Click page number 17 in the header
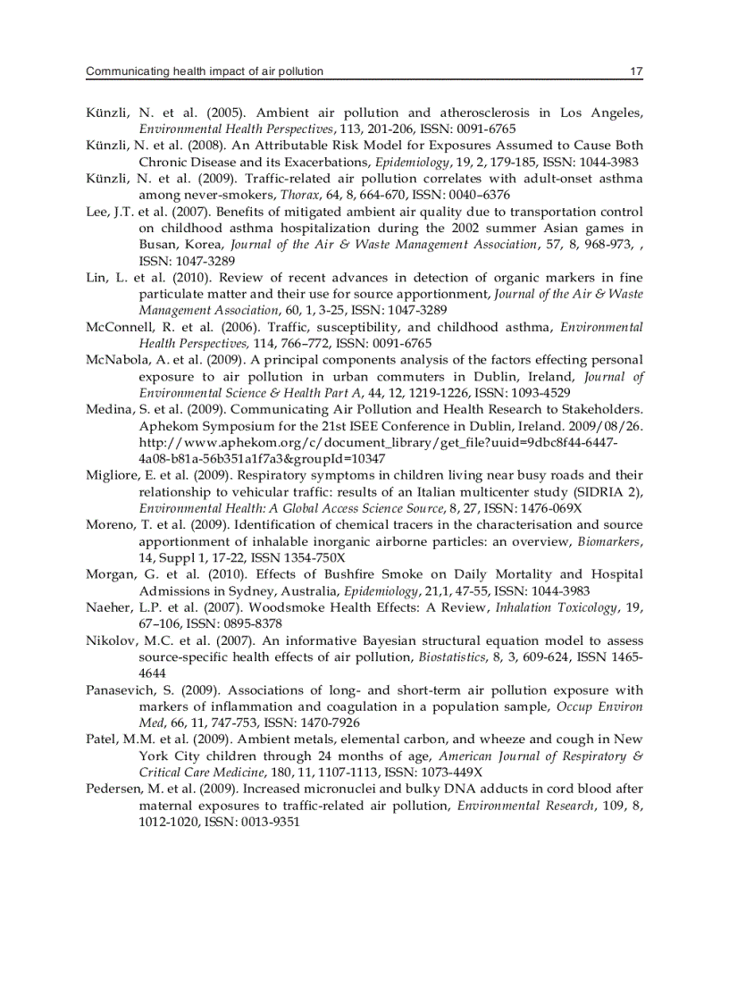point(636,71)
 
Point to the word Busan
point(157,244)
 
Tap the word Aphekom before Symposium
point(168,425)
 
